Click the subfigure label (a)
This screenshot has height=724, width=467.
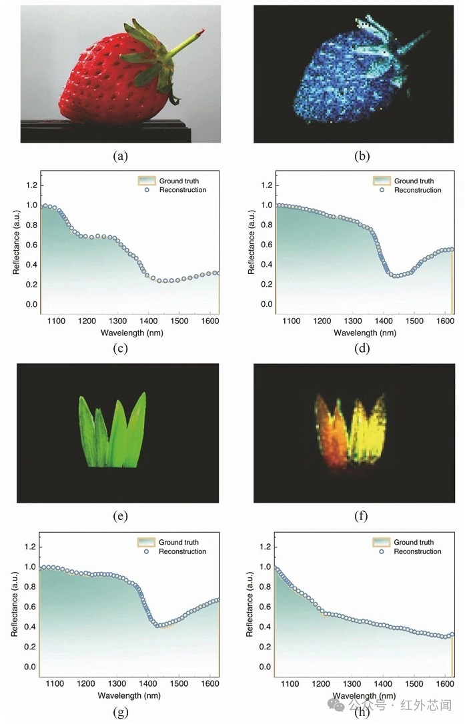point(120,157)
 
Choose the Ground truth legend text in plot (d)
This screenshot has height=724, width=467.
point(414,181)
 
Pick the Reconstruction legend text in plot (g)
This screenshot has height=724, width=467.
point(182,551)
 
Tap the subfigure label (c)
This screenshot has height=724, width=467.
point(120,347)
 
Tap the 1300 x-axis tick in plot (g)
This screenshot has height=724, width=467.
point(117,683)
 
